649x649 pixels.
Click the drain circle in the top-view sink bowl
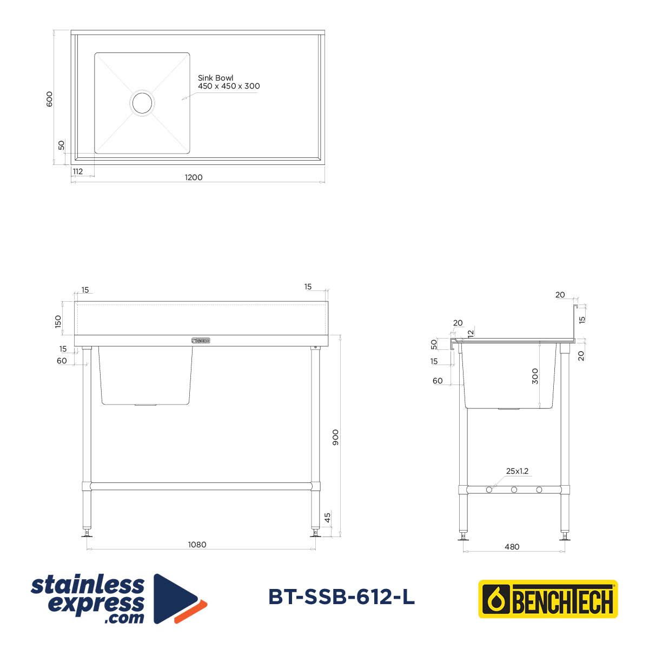coord(142,103)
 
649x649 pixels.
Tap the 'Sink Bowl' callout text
coord(215,78)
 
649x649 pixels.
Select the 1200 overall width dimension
coord(194,177)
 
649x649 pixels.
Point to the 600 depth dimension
coord(50,99)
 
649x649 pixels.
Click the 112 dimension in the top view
coord(78,171)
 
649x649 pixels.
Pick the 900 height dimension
coord(335,438)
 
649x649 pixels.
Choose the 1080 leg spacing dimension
coord(197,545)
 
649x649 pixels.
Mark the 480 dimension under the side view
coord(512,547)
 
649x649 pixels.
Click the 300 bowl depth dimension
coord(535,376)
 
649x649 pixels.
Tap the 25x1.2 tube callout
coord(517,471)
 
